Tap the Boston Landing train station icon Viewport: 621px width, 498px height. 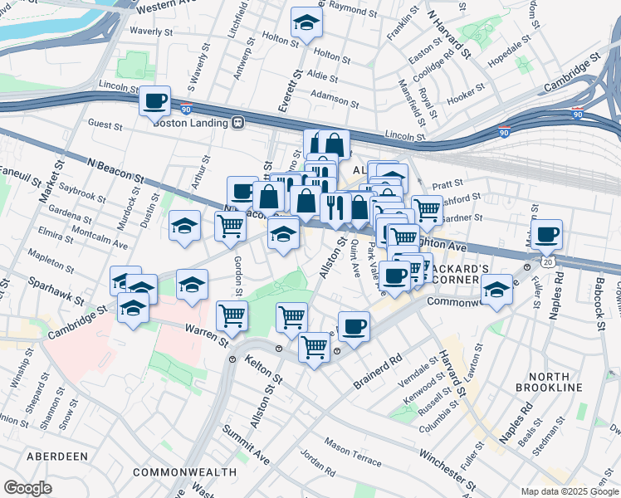(x=238, y=123)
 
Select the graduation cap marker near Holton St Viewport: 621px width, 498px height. (x=307, y=24)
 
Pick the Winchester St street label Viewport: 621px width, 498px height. (x=447, y=470)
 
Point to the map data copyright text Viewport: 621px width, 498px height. (x=570, y=491)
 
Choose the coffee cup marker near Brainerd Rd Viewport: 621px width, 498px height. (x=354, y=325)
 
